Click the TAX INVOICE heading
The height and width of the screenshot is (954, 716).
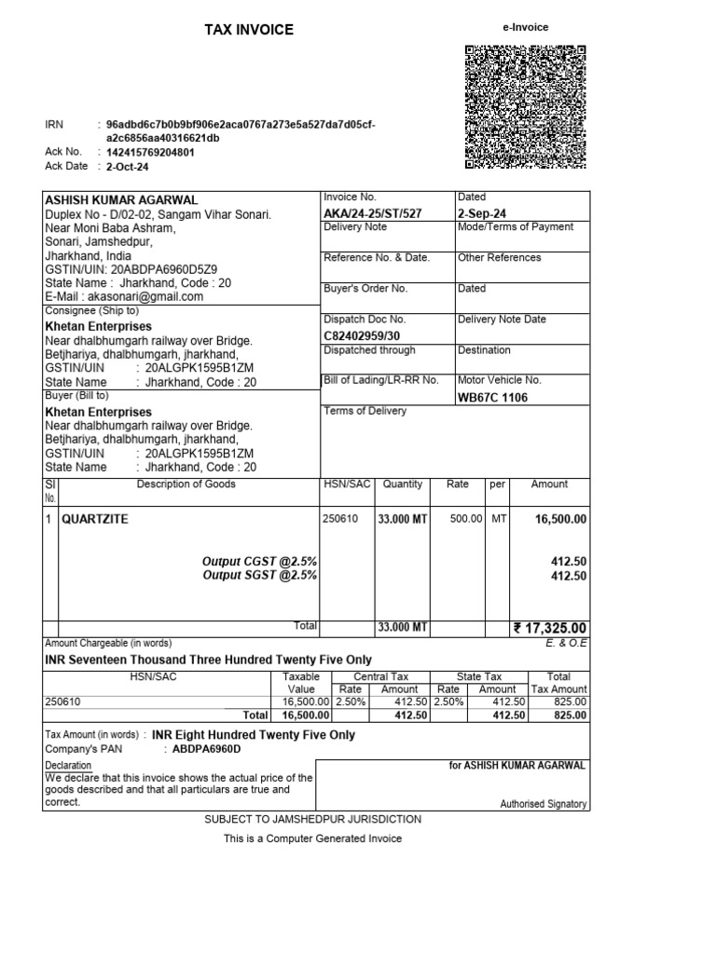click(x=249, y=30)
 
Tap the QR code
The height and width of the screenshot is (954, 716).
click(x=524, y=107)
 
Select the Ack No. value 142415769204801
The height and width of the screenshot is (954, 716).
click(x=151, y=152)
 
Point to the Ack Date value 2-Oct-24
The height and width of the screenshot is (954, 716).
click(x=128, y=167)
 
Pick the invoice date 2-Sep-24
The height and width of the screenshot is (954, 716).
click(x=482, y=213)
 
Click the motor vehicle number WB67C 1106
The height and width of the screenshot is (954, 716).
click(x=492, y=397)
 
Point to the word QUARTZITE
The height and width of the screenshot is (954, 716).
click(x=95, y=519)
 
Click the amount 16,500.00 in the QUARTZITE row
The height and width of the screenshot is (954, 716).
click(x=560, y=519)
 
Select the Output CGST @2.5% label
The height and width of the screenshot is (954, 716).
click(x=260, y=562)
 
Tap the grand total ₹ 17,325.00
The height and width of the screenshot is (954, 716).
click(x=550, y=628)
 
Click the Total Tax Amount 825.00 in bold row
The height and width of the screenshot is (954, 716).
click(x=569, y=715)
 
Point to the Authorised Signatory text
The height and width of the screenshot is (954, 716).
click(x=543, y=803)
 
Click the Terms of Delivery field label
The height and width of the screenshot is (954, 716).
click(x=365, y=411)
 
